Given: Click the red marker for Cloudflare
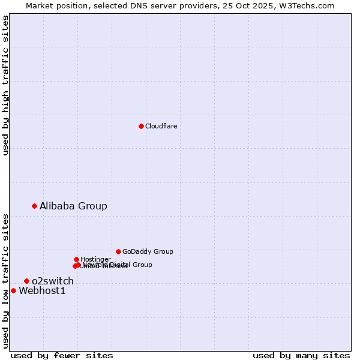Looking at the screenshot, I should pyautogui.click(x=141, y=126).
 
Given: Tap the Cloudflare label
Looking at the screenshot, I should pyautogui.click(x=161, y=126).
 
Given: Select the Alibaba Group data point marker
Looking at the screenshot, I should pyautogui.click(x=34, y=206).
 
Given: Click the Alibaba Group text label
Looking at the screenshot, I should pyautogui.click(x=73, y=206).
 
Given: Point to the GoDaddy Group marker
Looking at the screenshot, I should pyautogui.click(x=118, y=251).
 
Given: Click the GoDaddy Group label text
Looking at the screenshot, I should pyautogui.click(x=148, y=251).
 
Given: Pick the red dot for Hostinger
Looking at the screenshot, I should pyautogui.click(x=76, y=259).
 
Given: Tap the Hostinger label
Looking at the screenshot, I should pyautogui.click(x=95, y=259).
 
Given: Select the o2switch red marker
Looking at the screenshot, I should pyautogui.click(x=26, y=281).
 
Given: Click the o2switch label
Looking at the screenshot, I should pyautogui.click(x=53, y=281).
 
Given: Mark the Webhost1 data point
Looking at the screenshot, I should pyautogui.click(x=13, y=290).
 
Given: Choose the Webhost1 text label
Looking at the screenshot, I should pyautogui.click(x=42, y=291).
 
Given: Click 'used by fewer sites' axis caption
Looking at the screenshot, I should pyautogui.click(x=62, y=355).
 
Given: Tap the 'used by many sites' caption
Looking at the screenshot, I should pyautogui.click(x=301, y=355).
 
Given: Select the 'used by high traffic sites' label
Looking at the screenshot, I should pyautogui.click(x=5, y=85).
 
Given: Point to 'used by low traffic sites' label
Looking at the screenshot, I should pyautogui.click(x=5, y=280).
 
